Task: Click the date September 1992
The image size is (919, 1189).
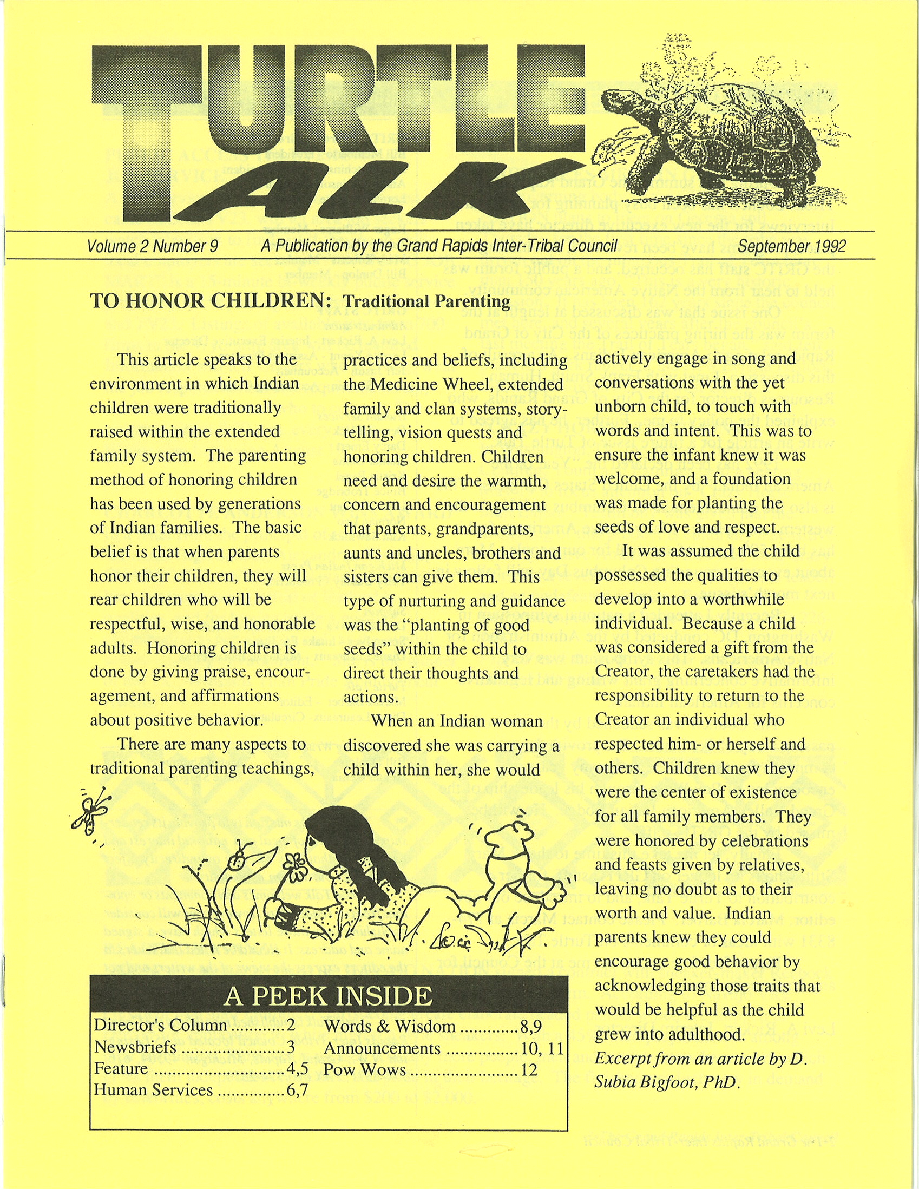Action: click(x=792, y=247)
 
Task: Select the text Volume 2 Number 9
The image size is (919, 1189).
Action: click(x=153, y=247)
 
